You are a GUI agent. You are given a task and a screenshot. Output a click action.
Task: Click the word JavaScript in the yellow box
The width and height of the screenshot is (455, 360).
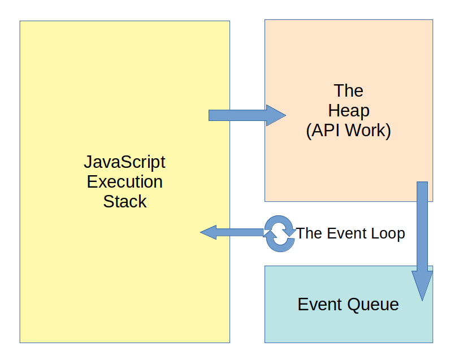(x=124, y=162)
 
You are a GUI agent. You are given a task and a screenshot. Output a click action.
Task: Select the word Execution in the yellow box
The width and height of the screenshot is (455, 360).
(x=124, y=182)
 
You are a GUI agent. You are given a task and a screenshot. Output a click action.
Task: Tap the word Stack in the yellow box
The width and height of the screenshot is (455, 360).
(x=124, y=202)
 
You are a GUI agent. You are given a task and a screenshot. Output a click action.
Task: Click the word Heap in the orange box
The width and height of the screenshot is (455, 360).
(x=348, y=111)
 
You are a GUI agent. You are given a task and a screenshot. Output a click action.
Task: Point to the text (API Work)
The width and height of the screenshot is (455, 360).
(x=348, y=131)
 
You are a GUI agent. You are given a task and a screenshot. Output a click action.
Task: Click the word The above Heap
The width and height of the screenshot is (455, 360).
(x=348, y=90)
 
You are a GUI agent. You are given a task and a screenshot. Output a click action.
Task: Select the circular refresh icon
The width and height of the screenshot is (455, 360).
(x=280, y=233)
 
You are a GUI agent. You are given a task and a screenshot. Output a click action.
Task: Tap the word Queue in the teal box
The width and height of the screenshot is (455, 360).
(x=372, y=305)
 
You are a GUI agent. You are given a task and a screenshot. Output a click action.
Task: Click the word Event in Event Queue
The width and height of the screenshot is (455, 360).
(x=320, y=305)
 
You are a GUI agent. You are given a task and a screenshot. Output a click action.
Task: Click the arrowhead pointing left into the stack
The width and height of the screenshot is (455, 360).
(x=209, y=232)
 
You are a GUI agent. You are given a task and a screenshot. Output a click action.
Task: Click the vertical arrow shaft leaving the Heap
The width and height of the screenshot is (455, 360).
(x=422, y=226)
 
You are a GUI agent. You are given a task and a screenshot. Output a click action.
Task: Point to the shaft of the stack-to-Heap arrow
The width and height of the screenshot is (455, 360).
(x=237, y=115)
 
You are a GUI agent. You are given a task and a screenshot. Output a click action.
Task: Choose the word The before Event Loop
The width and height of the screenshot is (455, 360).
(x=309, y=233)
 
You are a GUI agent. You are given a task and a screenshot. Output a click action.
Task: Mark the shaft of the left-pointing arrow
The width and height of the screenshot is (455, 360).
(x=240, y=232)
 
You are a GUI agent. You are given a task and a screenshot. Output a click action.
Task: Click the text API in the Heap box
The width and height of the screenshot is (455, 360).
(x=325, y=131)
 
